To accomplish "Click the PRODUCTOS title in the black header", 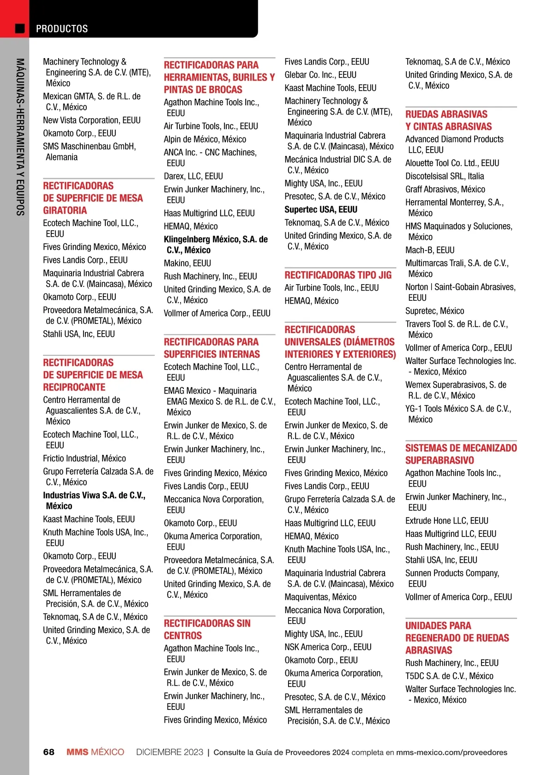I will click(x=62, y=29).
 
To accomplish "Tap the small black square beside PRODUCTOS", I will click(x=20, y=29).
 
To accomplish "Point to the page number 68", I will click(x=48, y=752).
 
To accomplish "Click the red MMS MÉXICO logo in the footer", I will click(x=95, y=752).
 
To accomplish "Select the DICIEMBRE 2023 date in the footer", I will click(x=169, y=752).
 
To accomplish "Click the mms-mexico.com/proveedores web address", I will click(x=452, y=752).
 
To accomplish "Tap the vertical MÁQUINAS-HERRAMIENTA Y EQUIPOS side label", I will click(x=20, y=137).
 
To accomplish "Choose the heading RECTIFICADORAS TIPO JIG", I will click(x=338, y=275).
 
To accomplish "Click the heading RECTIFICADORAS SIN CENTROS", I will click(x=207, y=629).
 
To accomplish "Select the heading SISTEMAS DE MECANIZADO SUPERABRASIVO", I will click(x=461, y=454).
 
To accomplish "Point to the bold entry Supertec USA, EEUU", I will click(x=321, y=209).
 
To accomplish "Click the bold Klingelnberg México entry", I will click(x=216, y=244).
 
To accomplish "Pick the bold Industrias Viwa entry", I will click(x=94, y=501).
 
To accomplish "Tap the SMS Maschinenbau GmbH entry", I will click(x=89, y=152).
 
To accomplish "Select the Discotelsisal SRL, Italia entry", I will click(x=445, y=176).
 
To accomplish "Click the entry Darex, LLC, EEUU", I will click(x=193, y=176).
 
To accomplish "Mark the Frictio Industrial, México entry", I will click(x=84, y=459).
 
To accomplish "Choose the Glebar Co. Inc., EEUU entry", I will click(x=320, y=75).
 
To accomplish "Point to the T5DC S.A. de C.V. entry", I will click(x=449, y=676).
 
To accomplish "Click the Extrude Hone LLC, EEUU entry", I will click(x=446, y=521).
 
